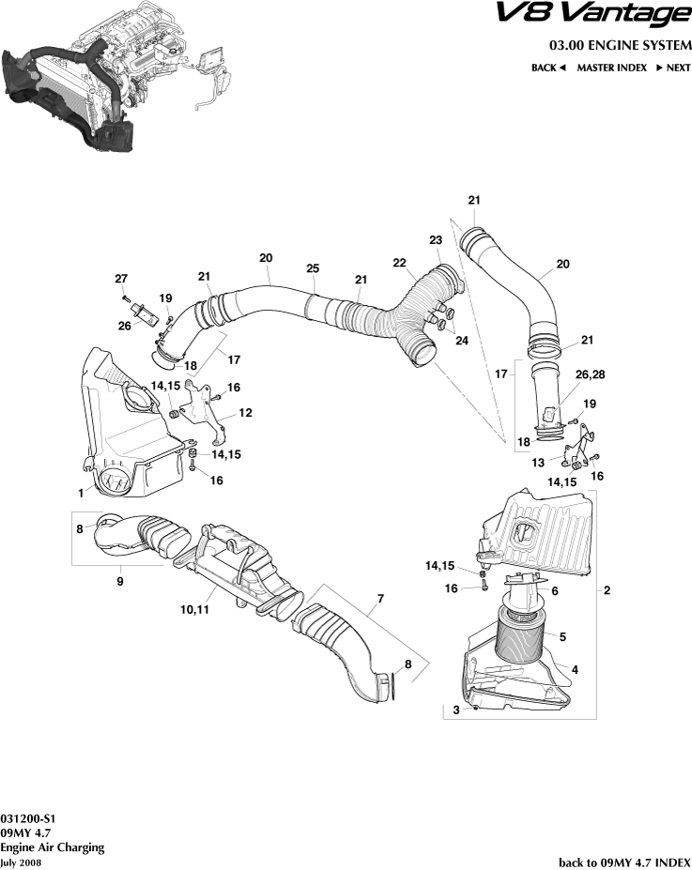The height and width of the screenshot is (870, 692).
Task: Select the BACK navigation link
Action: [548, 68]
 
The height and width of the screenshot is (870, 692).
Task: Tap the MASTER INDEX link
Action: [611, 68]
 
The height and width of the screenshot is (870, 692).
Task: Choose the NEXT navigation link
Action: [673, 68]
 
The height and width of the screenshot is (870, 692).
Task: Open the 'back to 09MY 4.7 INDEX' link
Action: [624, 862]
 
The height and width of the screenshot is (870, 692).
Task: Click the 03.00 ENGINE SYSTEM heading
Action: [620, 46]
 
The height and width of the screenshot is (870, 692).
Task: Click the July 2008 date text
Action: [21, 862]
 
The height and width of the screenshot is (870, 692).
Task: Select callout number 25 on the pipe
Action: [314, 268]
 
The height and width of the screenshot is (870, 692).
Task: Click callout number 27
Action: [120, 278]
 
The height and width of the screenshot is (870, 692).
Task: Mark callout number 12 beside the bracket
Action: [245, 412]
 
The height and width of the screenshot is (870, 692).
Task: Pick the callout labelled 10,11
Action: [194, 609]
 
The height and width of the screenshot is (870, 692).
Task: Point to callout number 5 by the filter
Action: [562, 636]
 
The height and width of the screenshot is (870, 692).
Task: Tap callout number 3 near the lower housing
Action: [456, 710]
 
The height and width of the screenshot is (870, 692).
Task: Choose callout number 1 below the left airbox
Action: [81, 492]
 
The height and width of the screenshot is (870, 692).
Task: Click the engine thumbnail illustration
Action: [117, 75]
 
